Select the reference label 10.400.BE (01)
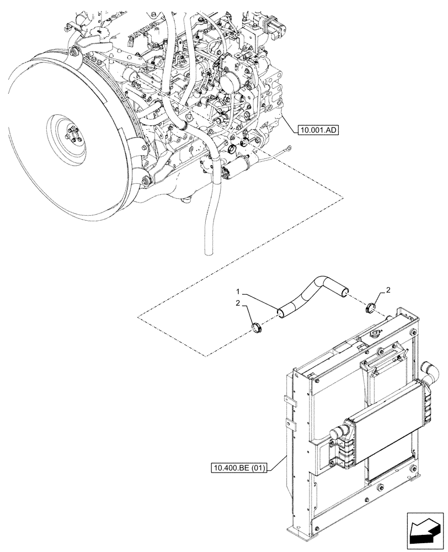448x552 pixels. pyautogui.click(x=239, y=469)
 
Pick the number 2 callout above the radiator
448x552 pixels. pyautogui.click(x=388, y=289)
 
